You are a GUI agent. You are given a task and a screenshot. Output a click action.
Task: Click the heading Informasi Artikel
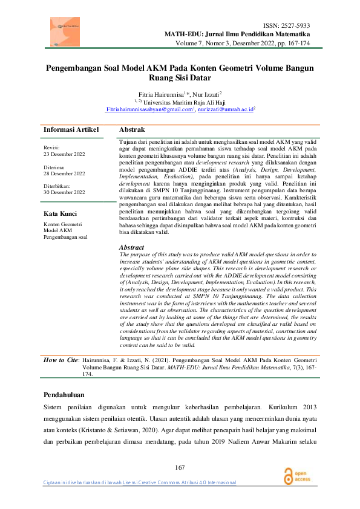click(71, 130)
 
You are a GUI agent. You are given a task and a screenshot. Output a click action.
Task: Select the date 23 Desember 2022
click(64, 154)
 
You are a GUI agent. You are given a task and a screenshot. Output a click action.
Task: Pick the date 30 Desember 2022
click(64, 193)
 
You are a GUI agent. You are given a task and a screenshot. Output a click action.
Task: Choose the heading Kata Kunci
click(60, 213)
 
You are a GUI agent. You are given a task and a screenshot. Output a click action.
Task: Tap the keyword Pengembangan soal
click(65, 236)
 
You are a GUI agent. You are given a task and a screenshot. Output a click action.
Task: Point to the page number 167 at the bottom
click(180, 467)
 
